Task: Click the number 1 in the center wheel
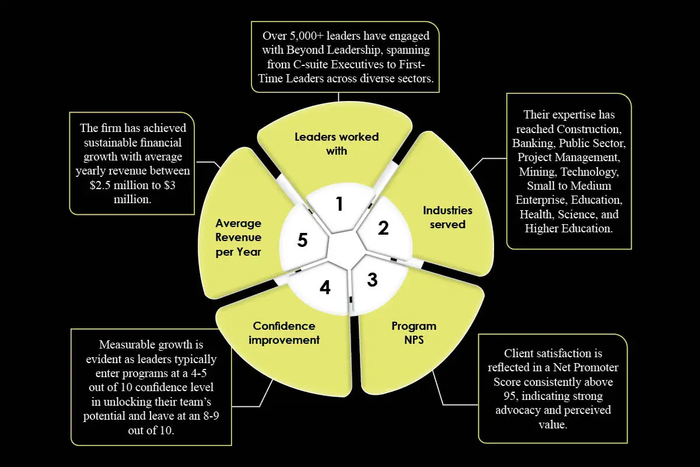tap(339, 204)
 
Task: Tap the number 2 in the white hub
tap(383, 228)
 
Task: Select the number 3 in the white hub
tap(372, 280)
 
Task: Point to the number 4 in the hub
tap(325, 287)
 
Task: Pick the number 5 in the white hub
tap(302, 240)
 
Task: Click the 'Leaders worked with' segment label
tap(337, 144)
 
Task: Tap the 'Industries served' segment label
tap(447, 217)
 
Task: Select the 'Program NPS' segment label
tap(414, 333)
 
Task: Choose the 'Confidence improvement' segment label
tap(284, 333)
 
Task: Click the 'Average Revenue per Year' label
tap(238, 238)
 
